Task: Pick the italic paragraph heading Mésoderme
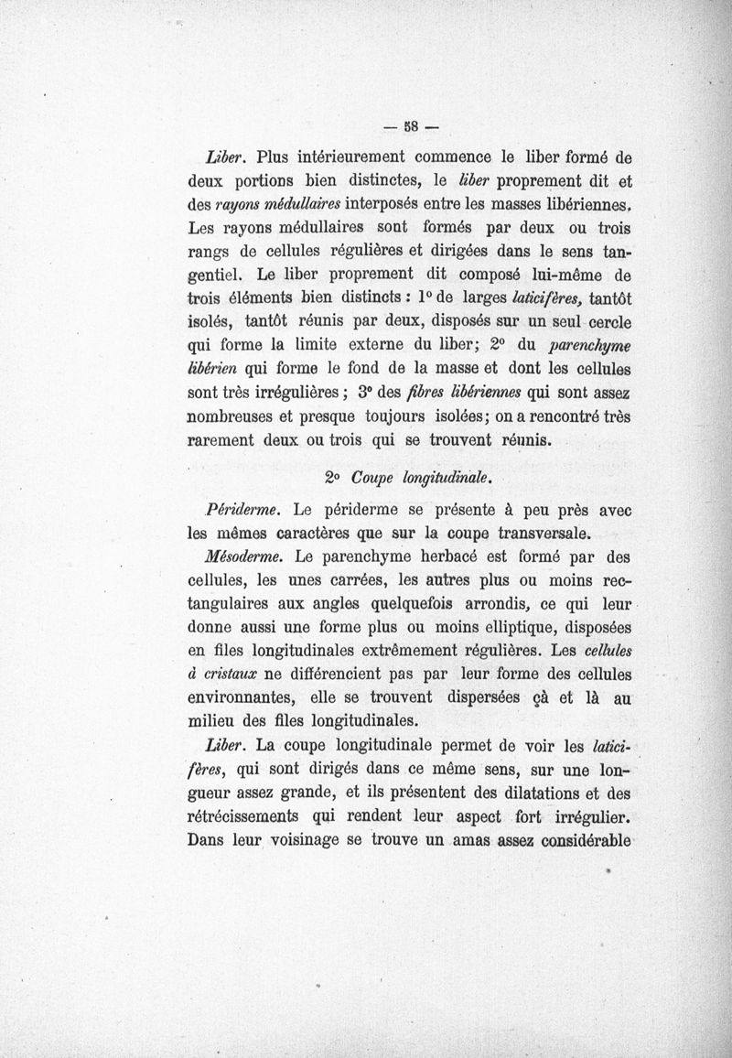247,556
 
